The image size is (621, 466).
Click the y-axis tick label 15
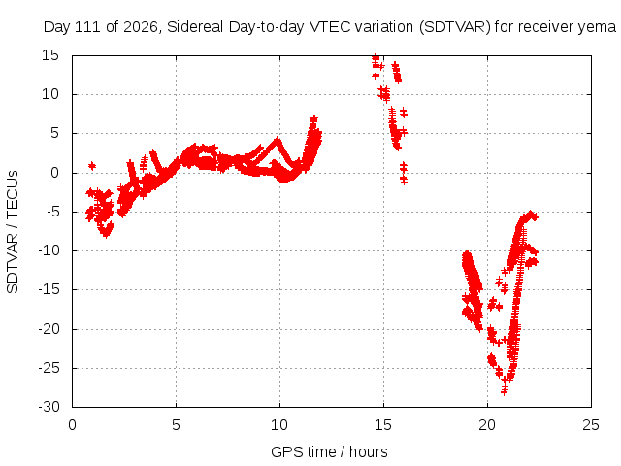[x=50, y=55]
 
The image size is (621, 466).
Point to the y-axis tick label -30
[x=49, y=407]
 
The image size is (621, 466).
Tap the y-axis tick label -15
[x=49, y=289]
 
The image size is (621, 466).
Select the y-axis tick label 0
[x=54, y=173]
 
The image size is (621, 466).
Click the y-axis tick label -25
[x=49, y=368]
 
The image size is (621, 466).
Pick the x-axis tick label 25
[x=591, y=425]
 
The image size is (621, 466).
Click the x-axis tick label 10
[x=279, y=425]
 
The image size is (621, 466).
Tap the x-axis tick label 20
[x=487, y=425]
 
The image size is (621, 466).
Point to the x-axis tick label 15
[x=383, y=425]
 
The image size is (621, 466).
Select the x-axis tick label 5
[x=176, y=425]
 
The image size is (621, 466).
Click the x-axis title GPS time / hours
[x=329, y=452]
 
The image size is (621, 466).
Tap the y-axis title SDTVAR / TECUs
[x=13, y=232]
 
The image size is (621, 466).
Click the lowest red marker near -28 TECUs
[x=505, y=391]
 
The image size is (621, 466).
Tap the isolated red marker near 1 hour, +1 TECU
[x=92, y=166]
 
